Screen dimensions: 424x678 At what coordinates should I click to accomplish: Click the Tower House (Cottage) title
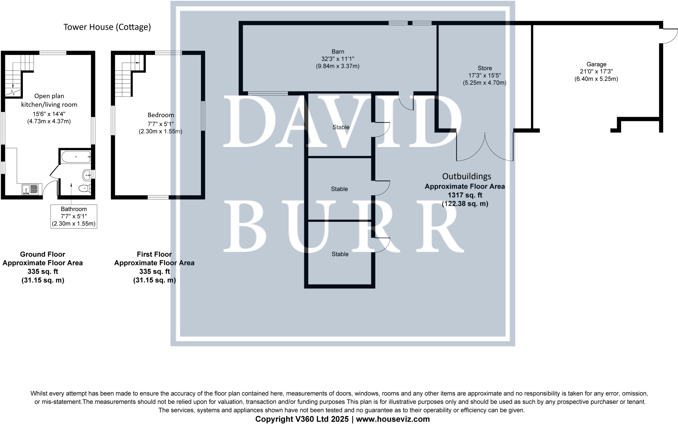107,27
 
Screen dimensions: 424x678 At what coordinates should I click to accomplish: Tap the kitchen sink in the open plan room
30,189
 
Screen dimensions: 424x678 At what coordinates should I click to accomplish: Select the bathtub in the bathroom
76,157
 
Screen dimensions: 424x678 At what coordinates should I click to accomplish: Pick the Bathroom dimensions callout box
74,216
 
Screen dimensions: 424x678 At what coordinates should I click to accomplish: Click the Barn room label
338,52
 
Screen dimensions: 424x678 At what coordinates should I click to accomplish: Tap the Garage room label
596,65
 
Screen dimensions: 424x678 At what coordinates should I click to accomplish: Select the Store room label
485,68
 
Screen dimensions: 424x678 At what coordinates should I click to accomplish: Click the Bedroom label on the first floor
161,115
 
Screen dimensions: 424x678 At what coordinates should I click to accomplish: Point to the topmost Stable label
341,127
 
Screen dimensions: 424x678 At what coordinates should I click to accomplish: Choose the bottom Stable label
340,254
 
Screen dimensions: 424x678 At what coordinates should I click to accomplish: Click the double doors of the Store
485,147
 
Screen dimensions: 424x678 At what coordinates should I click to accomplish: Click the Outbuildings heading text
466,176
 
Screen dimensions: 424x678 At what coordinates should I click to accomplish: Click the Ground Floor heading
42,254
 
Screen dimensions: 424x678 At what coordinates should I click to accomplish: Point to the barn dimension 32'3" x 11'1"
338,59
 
